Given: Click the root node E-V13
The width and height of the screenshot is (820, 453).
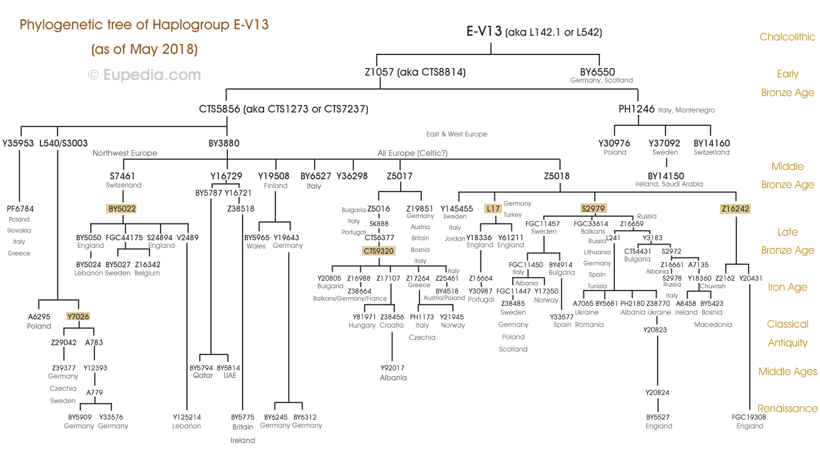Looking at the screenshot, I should (484, 32).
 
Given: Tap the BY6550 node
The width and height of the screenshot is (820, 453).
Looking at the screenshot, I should (597, 73).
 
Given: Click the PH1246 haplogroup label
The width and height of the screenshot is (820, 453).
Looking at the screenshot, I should (637, 109).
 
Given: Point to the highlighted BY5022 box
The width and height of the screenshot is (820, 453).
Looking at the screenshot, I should (122, 208).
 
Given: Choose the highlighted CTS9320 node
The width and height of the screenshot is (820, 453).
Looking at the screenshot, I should (379, 251).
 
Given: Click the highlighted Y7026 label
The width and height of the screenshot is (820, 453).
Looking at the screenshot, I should (78, 316).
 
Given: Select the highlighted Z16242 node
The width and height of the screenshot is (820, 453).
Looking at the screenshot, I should (735, 208).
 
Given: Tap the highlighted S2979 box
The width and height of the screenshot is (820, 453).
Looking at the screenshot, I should (594, 208).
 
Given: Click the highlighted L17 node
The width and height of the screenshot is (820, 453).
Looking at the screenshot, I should (493, 208).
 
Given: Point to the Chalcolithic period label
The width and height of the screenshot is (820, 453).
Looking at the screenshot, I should (787, 37).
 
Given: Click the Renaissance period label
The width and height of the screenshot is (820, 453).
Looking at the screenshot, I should (787, 408).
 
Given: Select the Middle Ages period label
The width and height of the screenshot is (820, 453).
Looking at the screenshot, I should (787, 372).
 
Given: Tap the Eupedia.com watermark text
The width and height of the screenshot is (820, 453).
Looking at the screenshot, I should (144, 75).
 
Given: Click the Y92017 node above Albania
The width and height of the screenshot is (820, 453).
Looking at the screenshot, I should (392, 368).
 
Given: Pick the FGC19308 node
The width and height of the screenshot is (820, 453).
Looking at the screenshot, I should (749, 417).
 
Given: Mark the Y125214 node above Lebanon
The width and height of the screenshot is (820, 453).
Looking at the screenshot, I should (187, 417).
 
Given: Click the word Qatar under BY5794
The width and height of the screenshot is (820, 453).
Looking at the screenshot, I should (203, 375).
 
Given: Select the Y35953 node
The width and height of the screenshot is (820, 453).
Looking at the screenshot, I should (18, 143).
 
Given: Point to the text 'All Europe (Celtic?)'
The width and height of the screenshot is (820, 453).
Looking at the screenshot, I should (412, 154).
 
